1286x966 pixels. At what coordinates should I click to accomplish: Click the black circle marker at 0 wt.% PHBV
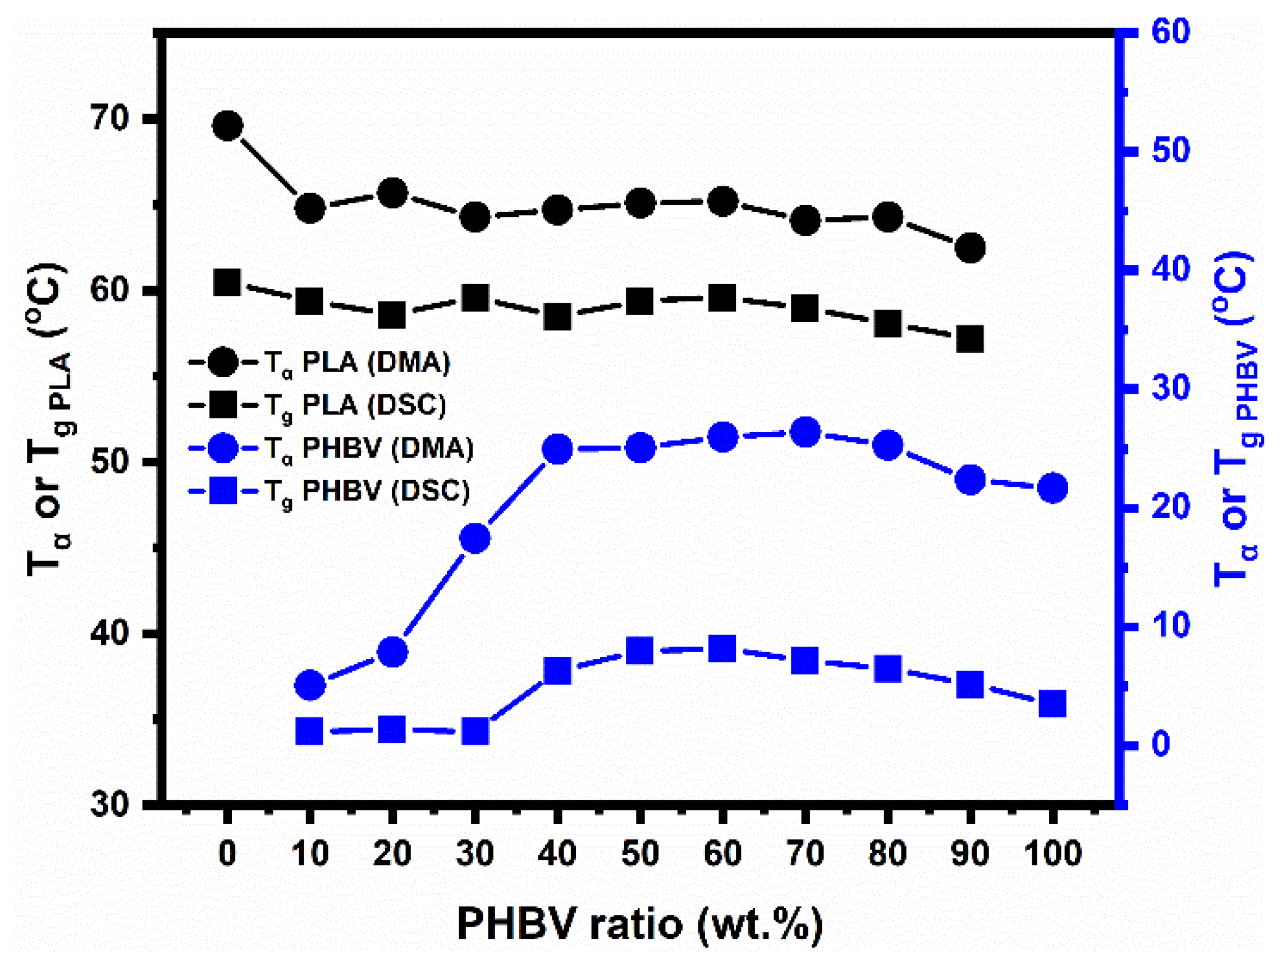pyautogui.click(x=227, y=126)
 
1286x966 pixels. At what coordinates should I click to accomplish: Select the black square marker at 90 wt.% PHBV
pyautogui.click(x=970, y=340)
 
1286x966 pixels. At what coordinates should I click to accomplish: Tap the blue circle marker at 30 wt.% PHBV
pyautogui.click(x=475, y=539)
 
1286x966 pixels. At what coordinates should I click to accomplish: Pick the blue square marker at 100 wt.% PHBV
pyautogui.click(x=1052, y=704)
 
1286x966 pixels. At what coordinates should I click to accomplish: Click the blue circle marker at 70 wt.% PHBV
pyautogui.click(x=805, y=432)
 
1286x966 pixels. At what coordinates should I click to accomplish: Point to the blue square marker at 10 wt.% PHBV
pyautogui.click(x=309, y=731)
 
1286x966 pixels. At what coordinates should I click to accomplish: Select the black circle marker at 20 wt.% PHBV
pyautogui.click(x=392, y=194)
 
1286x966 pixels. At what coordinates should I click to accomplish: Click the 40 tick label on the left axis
pyautogui.click(x=109, y=633)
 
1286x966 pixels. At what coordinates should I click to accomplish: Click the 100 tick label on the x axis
pyautogui.click(x=1052, y=854)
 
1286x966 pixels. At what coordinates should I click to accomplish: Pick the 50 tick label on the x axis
pyautogui.click(x=640, y=854)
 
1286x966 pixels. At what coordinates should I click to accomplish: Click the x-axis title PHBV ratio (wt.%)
pyautogui.click(x=640, y=923)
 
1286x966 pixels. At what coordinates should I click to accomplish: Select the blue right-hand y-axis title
pyautogui.click(x=1235, y=419)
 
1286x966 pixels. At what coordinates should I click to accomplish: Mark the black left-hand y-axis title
pyautogui.click(x=49, y=419)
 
